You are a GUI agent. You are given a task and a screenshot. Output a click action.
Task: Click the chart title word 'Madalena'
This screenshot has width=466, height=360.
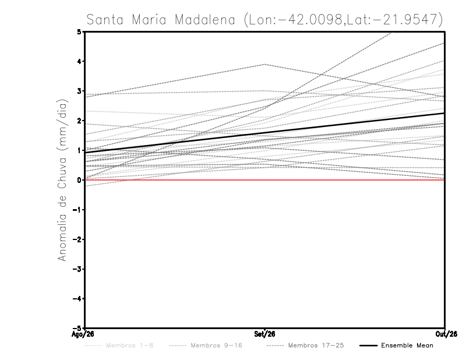pyautogui.click(x=205, y=20)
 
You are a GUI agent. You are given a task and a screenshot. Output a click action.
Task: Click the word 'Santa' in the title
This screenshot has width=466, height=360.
pyautogui.click(x=105, y=20)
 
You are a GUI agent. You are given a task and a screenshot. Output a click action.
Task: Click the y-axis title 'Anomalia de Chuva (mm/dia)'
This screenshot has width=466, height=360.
pyautogui.click(x=62, y=180)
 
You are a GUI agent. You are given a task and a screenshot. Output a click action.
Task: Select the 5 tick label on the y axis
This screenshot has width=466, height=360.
pyautogui.click(x=79, y=31)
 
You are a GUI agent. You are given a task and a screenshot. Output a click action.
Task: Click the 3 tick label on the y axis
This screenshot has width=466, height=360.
pyautogui.click(x=79, y=91)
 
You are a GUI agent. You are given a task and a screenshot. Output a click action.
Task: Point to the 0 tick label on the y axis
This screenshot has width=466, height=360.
pyautogui.click(x=79, y=180)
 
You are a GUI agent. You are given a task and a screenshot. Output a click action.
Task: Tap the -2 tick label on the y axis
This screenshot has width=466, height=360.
pyautogui.click(x=77, y=239)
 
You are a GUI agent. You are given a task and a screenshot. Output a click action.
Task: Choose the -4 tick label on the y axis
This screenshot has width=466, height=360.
pyautogui.click(x=77, y=298)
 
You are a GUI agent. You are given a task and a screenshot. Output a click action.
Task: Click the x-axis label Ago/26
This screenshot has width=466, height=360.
pyautogui.click(x=83, y=334)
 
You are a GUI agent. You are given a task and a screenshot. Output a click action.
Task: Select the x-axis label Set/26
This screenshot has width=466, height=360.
pyautogui.click(x=264, y=334)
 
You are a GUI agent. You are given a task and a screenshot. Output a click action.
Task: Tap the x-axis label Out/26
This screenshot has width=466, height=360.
pyautogui.click(x=446, y=334)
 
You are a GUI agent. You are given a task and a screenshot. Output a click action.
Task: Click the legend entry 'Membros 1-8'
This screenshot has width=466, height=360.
pyautogui.click(x=129, y=345)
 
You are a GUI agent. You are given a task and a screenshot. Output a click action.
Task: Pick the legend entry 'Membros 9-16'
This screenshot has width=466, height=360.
pyautogui.click(x=216, y=345)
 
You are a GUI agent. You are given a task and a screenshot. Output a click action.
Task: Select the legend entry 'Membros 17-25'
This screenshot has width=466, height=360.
pyautogui.click(x=316, y=345)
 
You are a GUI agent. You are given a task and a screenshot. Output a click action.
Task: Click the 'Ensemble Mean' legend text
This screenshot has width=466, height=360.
pyautogui.click(x=407, y=345)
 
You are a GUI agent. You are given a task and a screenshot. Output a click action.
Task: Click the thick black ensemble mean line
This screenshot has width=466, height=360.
pyautogui.click(x=264, y=133)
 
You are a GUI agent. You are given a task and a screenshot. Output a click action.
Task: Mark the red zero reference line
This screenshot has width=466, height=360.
pyautogui.click(x=264, y=180)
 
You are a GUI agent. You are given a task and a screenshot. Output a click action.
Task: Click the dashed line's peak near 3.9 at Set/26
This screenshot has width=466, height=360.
pyautogui.click(x=264, y=64)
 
